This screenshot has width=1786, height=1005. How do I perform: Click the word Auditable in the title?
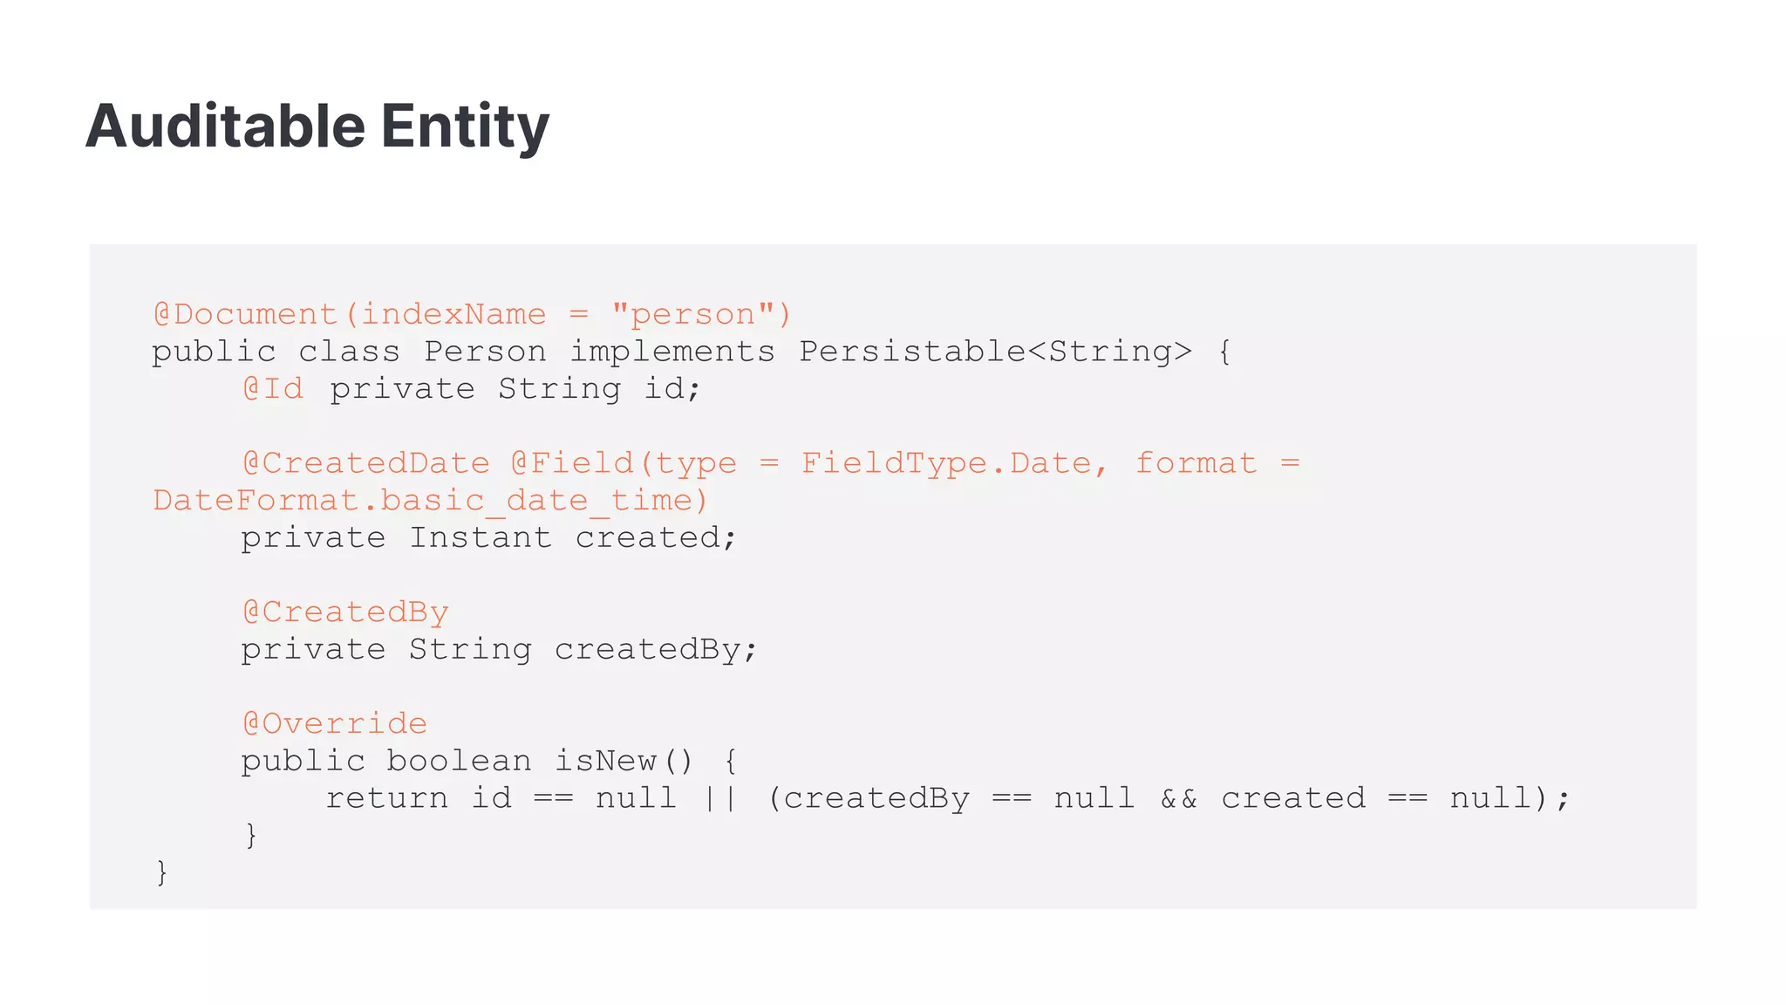click(x=225, y=126)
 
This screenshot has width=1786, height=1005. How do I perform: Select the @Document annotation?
click(x=245, y=314)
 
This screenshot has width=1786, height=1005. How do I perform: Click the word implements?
click(x=671, y=352)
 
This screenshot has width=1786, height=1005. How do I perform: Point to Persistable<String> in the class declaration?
click(x=995, y=352)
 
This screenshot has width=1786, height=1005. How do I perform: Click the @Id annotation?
click(x=273, y=389)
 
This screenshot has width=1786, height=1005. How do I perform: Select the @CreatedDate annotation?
click(x=366, y=463)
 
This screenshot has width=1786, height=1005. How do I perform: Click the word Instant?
click(x=481, y=537)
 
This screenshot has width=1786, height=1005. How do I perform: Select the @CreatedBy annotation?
click(x=345, y=612)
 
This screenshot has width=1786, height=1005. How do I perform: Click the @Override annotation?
click(x=335, y=724)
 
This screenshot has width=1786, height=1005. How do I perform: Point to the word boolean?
click(x=459, y=761)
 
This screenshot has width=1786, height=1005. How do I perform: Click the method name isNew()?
click(x=623, y=761)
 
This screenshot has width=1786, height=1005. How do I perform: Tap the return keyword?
click(x=386, y=798)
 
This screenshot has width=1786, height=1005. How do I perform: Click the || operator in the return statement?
click(x=720, y=798)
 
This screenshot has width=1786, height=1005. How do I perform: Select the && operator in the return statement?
click(x=1178, y=798)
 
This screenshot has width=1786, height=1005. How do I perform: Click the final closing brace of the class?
click(x=161, y=872)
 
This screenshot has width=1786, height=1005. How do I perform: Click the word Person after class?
click(x=485, y=352)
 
